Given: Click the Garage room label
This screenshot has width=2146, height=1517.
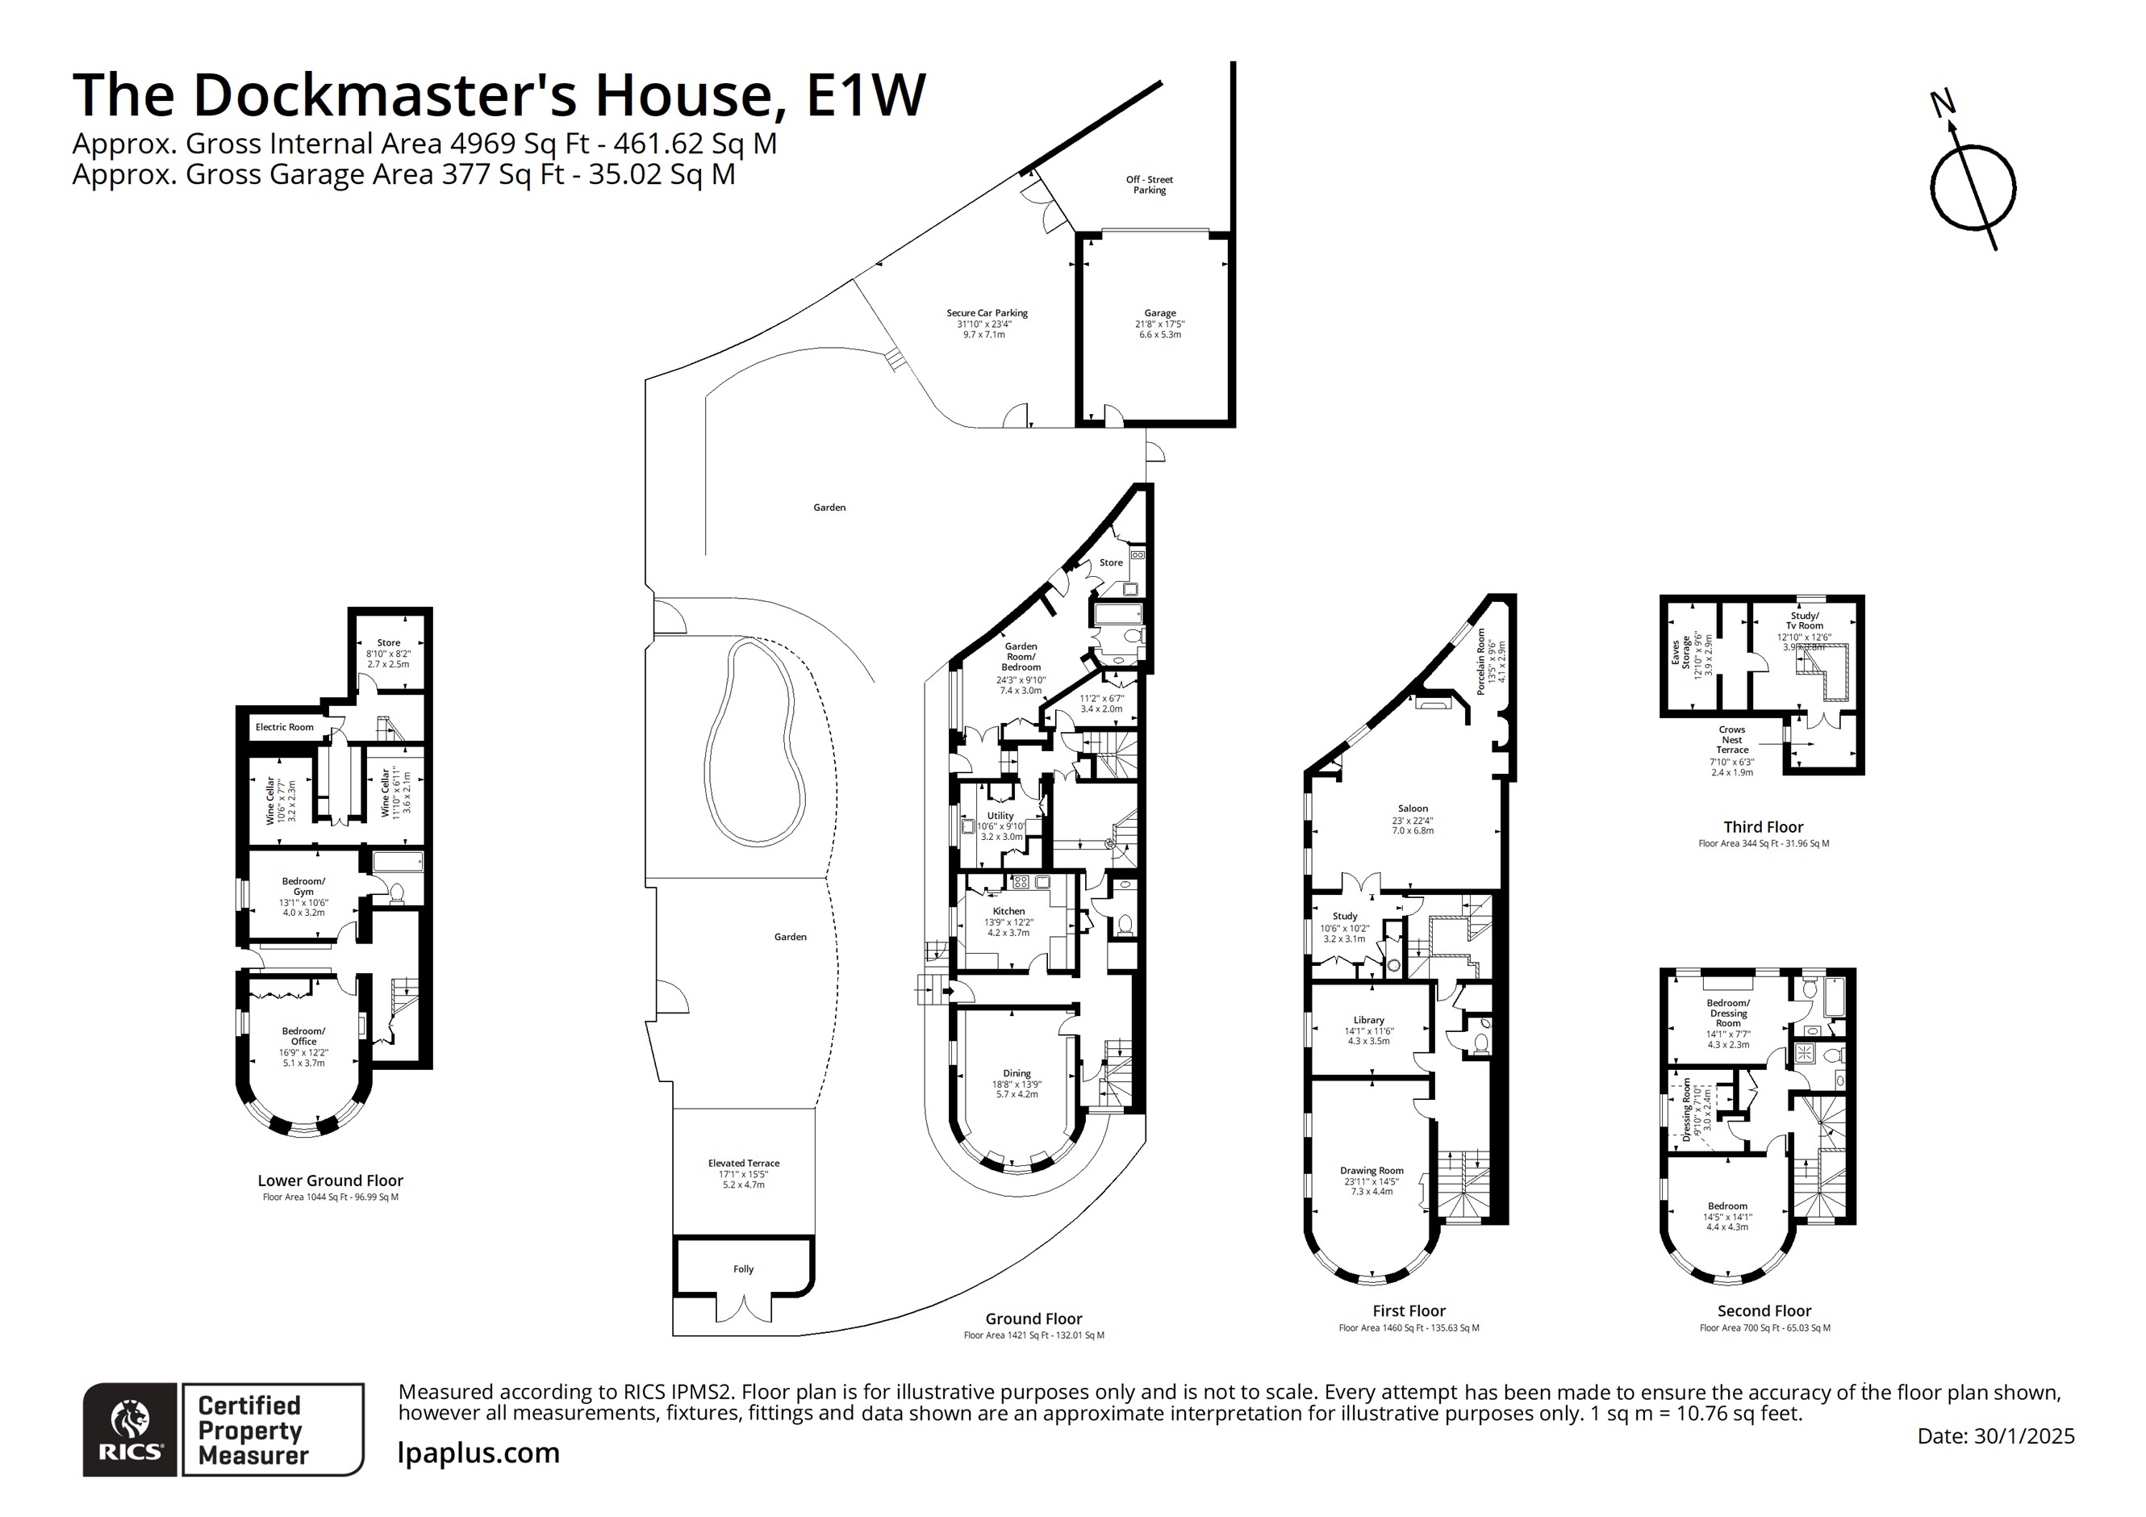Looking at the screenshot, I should point(1159,314).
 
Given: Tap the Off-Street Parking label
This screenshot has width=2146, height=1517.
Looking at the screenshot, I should point(1149,184).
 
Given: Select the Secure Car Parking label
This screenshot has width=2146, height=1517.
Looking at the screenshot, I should point(986,314).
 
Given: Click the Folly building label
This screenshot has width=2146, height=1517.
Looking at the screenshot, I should point(743,1269).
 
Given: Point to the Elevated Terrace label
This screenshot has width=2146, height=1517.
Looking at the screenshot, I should point(743,1164).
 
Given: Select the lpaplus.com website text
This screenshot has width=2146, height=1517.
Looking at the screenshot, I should point(478,1452).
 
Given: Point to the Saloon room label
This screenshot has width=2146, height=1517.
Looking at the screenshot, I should point(1413,809).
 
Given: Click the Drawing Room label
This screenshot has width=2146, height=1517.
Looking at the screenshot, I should point(1372,1171).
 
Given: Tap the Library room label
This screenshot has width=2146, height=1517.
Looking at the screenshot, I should point(1368,1021).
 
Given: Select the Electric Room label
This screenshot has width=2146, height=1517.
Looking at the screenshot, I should point(284,727).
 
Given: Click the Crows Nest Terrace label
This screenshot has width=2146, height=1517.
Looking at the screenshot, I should point(1731,739).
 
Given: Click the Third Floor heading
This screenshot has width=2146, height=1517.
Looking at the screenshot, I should point(1763,827).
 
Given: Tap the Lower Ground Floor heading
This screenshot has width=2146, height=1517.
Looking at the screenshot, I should point(330,1181).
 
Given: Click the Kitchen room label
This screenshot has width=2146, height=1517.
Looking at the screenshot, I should point(1008,911).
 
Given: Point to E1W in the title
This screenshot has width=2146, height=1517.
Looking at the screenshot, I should point(866,94).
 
